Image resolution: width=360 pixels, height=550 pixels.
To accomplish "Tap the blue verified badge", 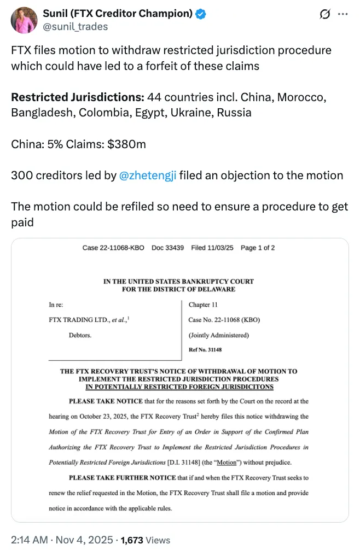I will pos(201,14).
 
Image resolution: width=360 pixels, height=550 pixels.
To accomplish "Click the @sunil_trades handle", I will pos(76,26).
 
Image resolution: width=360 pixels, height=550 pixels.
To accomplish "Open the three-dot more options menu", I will pos(344,14).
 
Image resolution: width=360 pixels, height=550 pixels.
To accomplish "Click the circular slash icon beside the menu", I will pos(324,14).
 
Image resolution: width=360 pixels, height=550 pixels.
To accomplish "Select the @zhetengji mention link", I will pos(147,175).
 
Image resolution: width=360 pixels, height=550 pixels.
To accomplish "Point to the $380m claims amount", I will pos(127,144).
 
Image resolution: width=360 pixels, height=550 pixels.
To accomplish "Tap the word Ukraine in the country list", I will pos(193,113).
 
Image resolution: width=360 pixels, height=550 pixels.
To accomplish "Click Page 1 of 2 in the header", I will pos(258,248).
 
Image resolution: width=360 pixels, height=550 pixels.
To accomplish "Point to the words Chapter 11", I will pos(202,305).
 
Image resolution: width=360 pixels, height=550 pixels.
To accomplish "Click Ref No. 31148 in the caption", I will pos(205,349).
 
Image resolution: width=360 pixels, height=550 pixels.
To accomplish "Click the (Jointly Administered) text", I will pos(218,335).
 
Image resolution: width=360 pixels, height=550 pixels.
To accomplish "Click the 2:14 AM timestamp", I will pos(27,540).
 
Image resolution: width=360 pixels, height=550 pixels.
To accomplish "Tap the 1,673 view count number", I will pos(132,540).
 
